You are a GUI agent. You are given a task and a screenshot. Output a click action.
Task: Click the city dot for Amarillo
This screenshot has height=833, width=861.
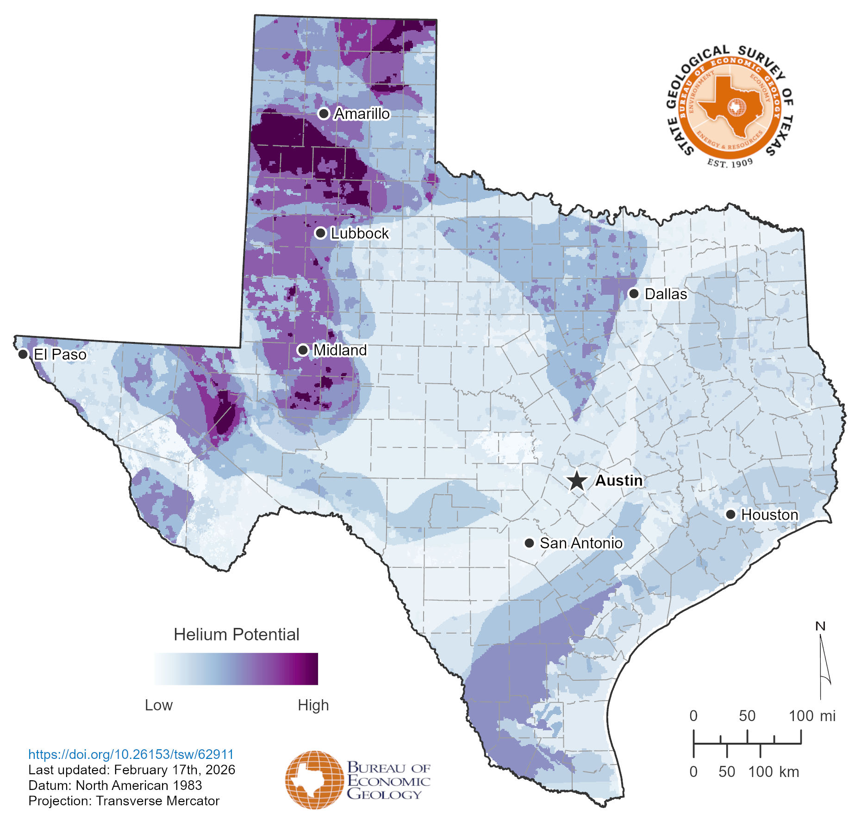tap(324, 113)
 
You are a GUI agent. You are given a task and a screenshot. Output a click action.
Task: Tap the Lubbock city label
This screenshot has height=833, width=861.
tap(360, 233)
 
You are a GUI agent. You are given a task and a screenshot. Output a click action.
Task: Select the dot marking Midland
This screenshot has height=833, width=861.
tap(303, 350)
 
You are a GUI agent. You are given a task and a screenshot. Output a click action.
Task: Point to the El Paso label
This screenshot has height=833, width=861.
tap(60, 354)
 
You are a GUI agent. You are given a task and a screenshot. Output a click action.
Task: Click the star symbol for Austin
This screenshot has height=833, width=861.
tap(577, 481)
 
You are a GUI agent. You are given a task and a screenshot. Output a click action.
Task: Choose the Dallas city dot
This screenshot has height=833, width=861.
tap(634, 293)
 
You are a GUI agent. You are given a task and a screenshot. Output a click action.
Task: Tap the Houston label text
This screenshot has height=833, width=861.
tap(769, 515)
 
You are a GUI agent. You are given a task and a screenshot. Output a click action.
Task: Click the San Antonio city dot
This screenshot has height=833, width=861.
tap(529, 543)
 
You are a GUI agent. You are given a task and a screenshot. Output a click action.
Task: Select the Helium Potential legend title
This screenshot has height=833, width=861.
tap(236, 634)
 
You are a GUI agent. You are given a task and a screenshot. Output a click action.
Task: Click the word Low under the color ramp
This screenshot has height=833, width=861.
tap(158, 705)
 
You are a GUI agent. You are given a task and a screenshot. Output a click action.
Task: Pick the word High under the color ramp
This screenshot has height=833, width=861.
tap(313, 705)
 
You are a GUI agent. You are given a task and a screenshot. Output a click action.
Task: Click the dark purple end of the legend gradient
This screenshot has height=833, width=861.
tap(312, 669)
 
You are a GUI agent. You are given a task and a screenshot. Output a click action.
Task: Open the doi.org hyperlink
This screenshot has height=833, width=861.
tap(131, 754)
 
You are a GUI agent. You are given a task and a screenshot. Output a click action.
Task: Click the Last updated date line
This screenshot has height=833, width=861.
tap(131, 770)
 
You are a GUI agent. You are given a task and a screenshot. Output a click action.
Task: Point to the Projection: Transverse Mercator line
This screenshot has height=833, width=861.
tap(124, 801)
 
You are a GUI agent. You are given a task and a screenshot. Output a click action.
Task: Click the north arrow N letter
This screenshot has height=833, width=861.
tap(820, 627)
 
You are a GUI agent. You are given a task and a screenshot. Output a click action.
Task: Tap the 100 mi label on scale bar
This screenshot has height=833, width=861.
tap(811, 716)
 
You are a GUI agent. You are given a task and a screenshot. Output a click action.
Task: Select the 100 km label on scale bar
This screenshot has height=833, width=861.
tap(774, 772)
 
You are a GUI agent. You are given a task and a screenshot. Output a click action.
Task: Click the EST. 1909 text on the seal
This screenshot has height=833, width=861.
tap(730, 163)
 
